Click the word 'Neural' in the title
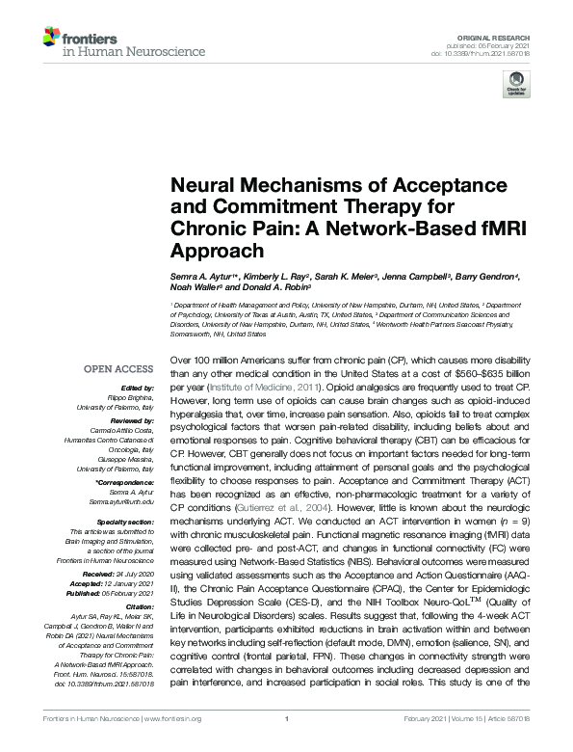[200, 186]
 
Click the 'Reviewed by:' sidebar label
[132, 421]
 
